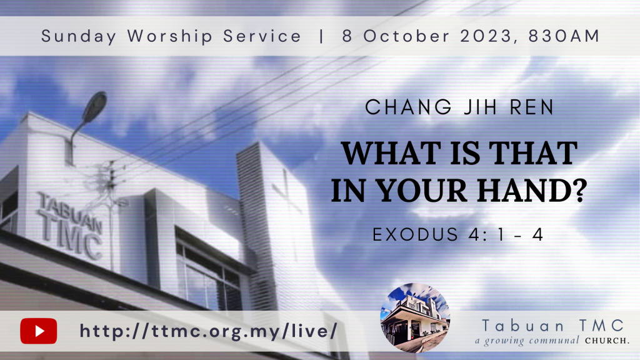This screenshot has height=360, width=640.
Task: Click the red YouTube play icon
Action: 38,331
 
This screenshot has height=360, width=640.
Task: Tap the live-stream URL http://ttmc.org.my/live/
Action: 209,331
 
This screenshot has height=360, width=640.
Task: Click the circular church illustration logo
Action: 415,317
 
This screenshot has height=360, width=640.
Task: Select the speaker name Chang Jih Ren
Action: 459,107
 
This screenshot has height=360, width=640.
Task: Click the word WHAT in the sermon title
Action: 391,153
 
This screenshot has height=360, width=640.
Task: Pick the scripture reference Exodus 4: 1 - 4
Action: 458,235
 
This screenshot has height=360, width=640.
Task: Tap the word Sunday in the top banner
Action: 79,36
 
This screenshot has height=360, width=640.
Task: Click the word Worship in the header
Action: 170,36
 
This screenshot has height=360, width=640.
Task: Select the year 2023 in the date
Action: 486,36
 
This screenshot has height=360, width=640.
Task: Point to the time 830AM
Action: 564,36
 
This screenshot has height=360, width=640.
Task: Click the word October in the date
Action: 406,36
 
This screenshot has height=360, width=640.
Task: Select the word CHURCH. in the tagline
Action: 607,341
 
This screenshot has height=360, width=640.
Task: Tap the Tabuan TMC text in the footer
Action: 553,326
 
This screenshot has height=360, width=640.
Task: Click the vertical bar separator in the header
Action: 322,36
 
